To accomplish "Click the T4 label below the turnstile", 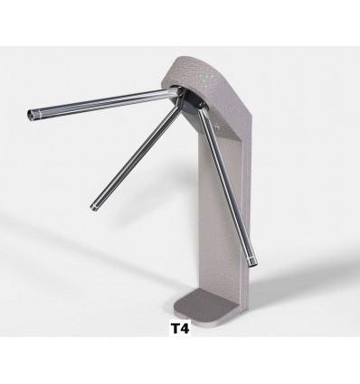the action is click(180, 329).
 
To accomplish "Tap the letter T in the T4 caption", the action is click(175, 329).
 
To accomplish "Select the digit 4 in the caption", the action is click(185, 329).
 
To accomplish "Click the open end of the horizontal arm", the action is click(31, 115).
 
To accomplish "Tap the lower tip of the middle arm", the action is click(94, 207).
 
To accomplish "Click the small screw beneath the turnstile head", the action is click(217, 127).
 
